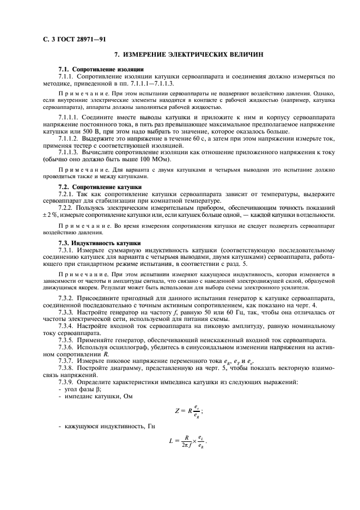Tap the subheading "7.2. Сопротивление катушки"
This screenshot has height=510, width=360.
100,187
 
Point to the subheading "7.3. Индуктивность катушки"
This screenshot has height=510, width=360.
100,242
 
